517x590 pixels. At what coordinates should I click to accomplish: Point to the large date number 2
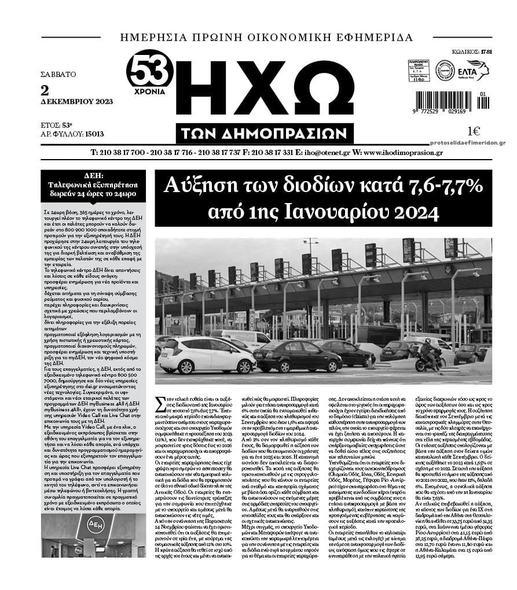point(45,90)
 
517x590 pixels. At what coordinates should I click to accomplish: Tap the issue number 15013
point(94,134)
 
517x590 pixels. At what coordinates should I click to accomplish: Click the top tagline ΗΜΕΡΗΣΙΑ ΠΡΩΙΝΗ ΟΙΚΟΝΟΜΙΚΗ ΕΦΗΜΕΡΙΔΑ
point(266,38)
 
